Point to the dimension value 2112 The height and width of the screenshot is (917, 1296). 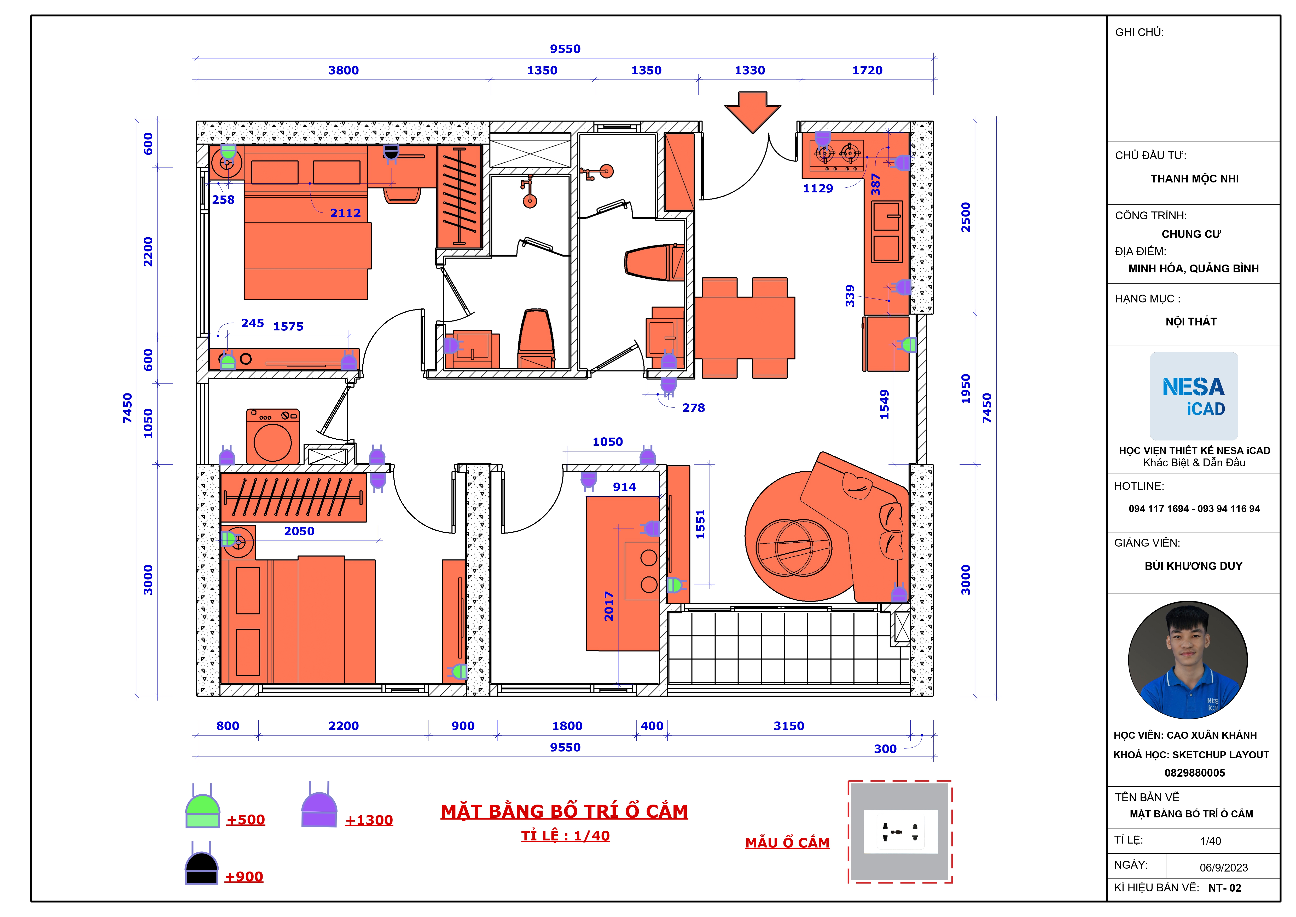[x=345, y=213]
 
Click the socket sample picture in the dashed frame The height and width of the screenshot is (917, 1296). [x=900, y=832]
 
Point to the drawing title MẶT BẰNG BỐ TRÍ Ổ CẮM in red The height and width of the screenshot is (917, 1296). [x=565, y=811]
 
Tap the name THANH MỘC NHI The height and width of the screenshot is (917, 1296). [x=1194, y=179]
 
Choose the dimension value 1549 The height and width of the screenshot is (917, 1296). [x=885, y=404]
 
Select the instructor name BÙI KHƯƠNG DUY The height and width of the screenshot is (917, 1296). [x=1193, y=566]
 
